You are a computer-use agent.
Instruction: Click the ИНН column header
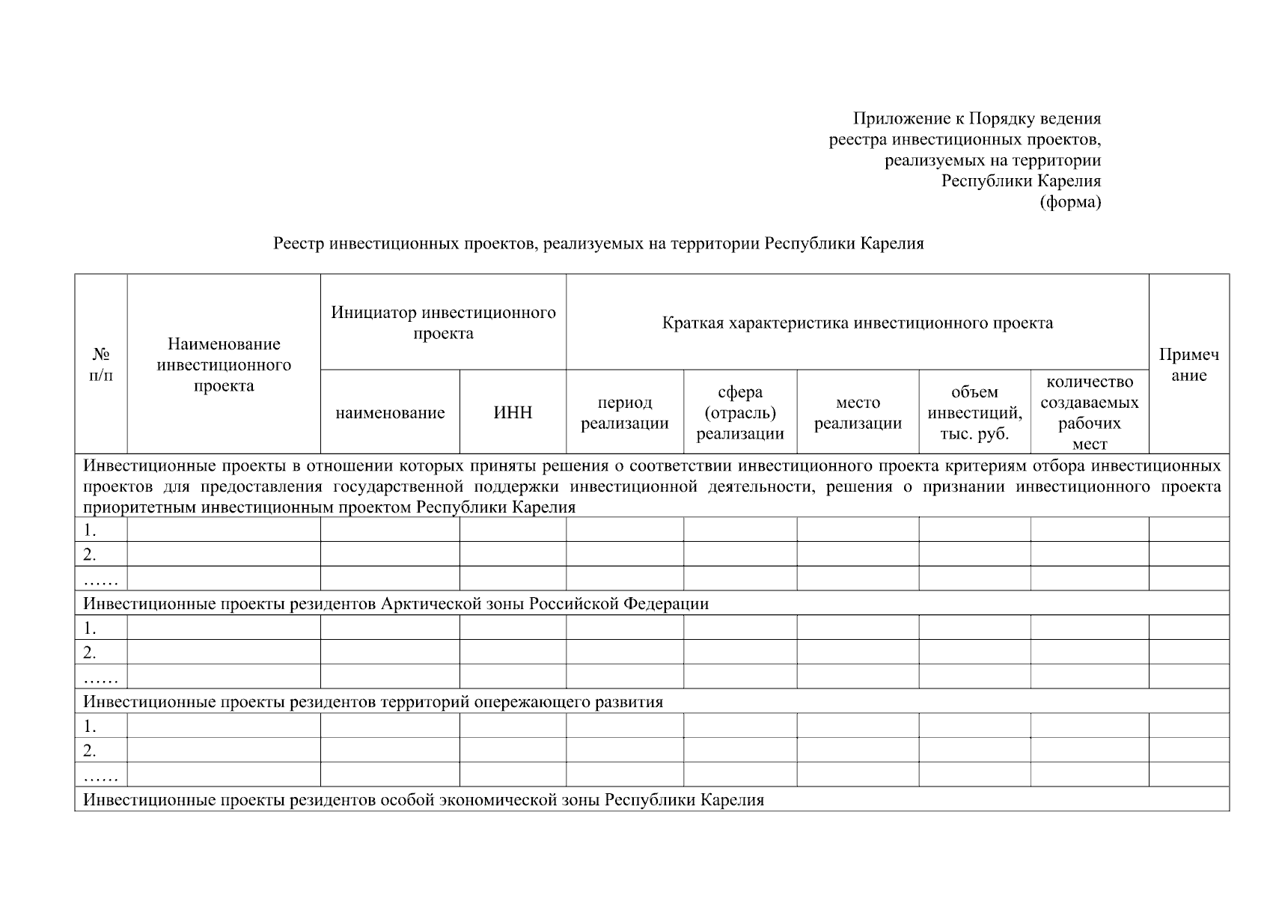tap(513, 412)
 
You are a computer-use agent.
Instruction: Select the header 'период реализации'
tap(624, 412)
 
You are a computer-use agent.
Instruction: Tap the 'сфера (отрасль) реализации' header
tap(739, 412)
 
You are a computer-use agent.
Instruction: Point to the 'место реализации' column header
tap(858, 412)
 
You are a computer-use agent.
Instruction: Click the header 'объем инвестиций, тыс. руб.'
tap(974, 412)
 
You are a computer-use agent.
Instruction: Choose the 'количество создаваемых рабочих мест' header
tap(1089, 412)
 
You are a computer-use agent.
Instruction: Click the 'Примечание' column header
tap(1188, 364)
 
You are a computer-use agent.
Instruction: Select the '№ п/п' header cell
tap(101, 364)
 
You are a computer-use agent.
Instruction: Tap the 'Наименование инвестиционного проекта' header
tap(224, 364)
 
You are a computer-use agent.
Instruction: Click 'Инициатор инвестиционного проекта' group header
tap(443, 323)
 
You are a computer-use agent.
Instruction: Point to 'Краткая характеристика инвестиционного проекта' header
tap(857, 323)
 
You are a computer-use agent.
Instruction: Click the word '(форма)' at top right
tap(1070, 202)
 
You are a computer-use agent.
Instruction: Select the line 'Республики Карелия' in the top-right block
tap(1021, 181)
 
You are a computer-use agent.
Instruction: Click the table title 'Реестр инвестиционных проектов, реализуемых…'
tap(598, 243)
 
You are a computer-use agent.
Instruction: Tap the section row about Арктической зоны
tap(395, 603)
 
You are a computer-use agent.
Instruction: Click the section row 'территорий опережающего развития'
tap(373, 702)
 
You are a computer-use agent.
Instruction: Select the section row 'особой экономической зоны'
tap(423, 800)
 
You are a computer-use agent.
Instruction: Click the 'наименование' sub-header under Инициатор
tap(390, 412)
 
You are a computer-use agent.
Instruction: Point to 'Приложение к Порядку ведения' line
tap(977, 118)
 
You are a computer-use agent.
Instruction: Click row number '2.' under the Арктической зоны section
tap(91, 652)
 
